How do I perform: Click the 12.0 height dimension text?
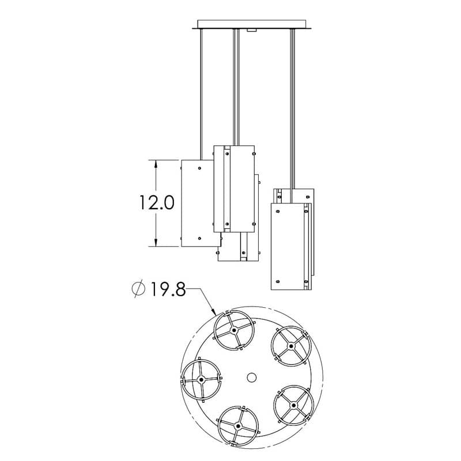(157, 203)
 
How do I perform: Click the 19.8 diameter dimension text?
(168, 289)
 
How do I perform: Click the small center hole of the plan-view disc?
(251, 377)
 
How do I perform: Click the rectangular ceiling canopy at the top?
(252, 24)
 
